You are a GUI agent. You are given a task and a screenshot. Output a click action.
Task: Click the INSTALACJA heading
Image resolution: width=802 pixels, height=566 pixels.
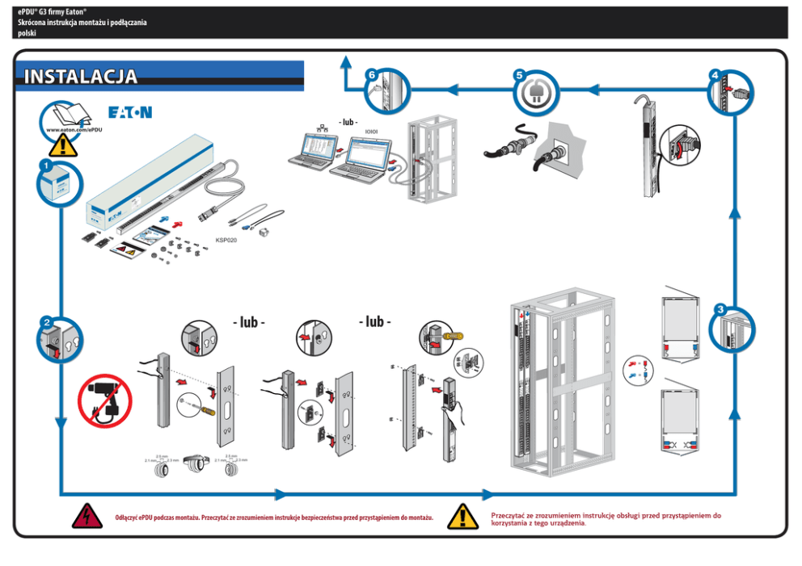click(81, 78)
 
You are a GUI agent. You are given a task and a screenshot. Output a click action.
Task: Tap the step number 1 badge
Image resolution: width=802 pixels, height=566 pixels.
click(46, 165)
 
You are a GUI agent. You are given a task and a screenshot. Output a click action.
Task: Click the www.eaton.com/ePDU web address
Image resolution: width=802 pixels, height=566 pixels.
click(74, 129)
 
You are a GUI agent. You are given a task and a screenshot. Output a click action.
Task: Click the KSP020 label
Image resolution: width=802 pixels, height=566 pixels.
click(226, 240)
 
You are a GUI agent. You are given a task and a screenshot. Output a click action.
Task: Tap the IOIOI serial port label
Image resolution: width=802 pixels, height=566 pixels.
click(372, 131)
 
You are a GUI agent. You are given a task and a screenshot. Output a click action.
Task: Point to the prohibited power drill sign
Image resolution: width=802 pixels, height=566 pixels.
click(103, 399)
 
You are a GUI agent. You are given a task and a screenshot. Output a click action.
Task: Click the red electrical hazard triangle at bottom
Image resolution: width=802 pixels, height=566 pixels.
click(84, 516)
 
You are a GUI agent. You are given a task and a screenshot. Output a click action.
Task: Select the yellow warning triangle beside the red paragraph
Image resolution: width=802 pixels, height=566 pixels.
click(463, 516)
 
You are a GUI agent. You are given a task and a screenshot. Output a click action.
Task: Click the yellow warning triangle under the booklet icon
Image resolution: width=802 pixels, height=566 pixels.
click(63, 145)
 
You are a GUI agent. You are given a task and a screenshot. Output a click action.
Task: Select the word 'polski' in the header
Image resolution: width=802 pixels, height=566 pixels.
click(28, 33)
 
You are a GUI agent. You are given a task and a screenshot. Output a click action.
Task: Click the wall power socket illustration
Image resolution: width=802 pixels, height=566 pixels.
click(561, 152)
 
